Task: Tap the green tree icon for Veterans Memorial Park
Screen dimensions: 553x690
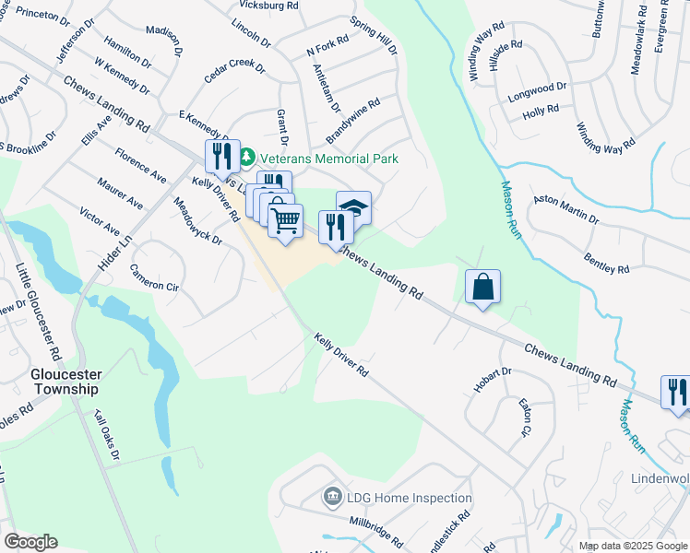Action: (x=247, y=159)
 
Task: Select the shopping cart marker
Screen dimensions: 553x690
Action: (x=286, y=219)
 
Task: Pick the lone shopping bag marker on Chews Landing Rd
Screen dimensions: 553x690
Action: (x=483, y=287)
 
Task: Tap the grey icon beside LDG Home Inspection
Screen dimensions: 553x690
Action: (x=333, y=499)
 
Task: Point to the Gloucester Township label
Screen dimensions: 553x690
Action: (x=65, y=382)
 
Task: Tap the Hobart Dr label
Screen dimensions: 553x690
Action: (x=493, y=380)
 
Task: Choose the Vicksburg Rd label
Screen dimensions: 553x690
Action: (x=268, y=5)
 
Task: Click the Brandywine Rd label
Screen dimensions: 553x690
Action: (x=353, y=123)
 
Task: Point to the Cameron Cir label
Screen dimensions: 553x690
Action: (x=152, y=278)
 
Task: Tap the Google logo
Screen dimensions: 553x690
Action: (x=30, y=542)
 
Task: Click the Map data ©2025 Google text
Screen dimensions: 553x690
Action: (x=633, y=546)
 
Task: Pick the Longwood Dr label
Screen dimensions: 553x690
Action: (x=536, y=91)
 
